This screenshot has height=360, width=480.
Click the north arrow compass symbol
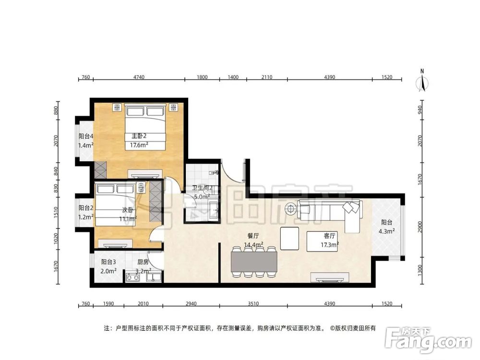(x=422, y=81)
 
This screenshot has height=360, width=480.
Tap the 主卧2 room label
(x=139, y=136)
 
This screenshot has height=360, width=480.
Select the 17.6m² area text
(x=139, y=145)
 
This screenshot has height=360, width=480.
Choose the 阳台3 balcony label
(x=108, y=262)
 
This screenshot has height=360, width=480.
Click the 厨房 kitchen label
(x=143, y=262)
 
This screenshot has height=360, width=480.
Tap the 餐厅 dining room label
(x=253, y=236)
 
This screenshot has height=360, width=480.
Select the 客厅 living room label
(x=329, y=236)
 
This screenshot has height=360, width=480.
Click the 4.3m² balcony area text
(x=386, y=231)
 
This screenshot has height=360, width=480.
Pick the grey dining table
(x=254, y=262)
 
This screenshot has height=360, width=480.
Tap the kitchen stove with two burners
(x=133, y=277)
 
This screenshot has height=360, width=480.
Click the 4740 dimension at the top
(x=139, y=77)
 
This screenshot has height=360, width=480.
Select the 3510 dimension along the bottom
(x=253, y=304)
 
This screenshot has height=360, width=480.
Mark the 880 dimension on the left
(x=56, y=110)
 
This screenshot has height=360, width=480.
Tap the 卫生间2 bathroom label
(x=203, y=188)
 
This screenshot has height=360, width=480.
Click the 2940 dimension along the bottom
(x=191, y=304)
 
